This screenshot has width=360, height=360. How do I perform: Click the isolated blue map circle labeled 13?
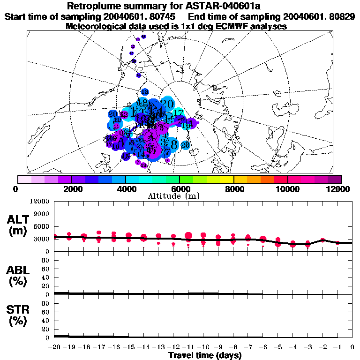click(x=145, y=92)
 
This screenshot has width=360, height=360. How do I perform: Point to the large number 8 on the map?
click(x=174, y=144)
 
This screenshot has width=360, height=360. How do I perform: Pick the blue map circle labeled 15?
click(x=126, y=157)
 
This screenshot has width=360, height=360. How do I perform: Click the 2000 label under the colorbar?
click(x=71, y=188)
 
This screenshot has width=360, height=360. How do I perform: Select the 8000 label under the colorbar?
click(x=233, y=188)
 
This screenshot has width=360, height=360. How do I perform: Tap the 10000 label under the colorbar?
click(x=287, y=188)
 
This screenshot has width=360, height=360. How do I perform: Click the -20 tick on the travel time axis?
click(x=54, y=347)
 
